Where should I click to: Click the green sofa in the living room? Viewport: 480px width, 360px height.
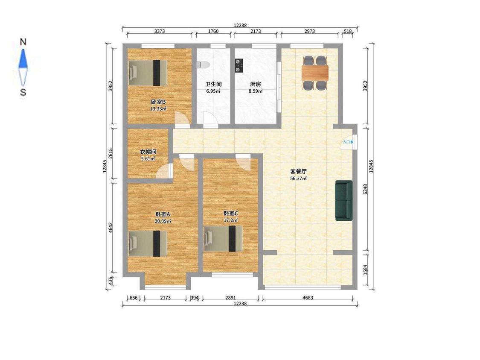click(x=344, y=200)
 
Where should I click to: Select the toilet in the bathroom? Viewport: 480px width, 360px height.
click(x=203, y=64)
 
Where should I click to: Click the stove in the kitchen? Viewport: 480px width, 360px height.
click(x=239, y=66)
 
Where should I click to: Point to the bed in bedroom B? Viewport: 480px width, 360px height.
click(x=148, y=73)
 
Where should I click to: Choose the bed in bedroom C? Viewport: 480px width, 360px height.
click(x=224, y=238)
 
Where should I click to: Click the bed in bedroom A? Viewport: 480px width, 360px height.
click(x=148, y=243)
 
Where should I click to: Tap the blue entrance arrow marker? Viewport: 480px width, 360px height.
click(x=352, y=142)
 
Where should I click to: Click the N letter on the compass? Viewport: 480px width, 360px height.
click(x=23, y=42)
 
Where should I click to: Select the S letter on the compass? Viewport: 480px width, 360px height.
click(x=23, y=92)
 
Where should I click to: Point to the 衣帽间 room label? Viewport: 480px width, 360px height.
click(x=148, y=152)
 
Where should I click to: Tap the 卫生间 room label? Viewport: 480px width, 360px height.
click(x=213, y=84)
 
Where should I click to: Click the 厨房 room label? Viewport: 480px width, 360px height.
click(x=255, y=84)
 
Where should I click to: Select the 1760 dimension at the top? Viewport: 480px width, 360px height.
click(x=213, y=31)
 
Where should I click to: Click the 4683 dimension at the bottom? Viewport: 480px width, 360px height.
click(x=308, y=298)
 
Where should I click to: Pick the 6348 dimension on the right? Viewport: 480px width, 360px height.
click(x=365, y=189)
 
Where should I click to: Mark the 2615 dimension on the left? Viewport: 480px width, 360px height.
click(x=111, y=153)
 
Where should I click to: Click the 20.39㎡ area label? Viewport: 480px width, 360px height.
click(x=163, y=221)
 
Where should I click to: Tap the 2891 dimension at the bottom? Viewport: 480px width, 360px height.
click(x=230, y=298)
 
